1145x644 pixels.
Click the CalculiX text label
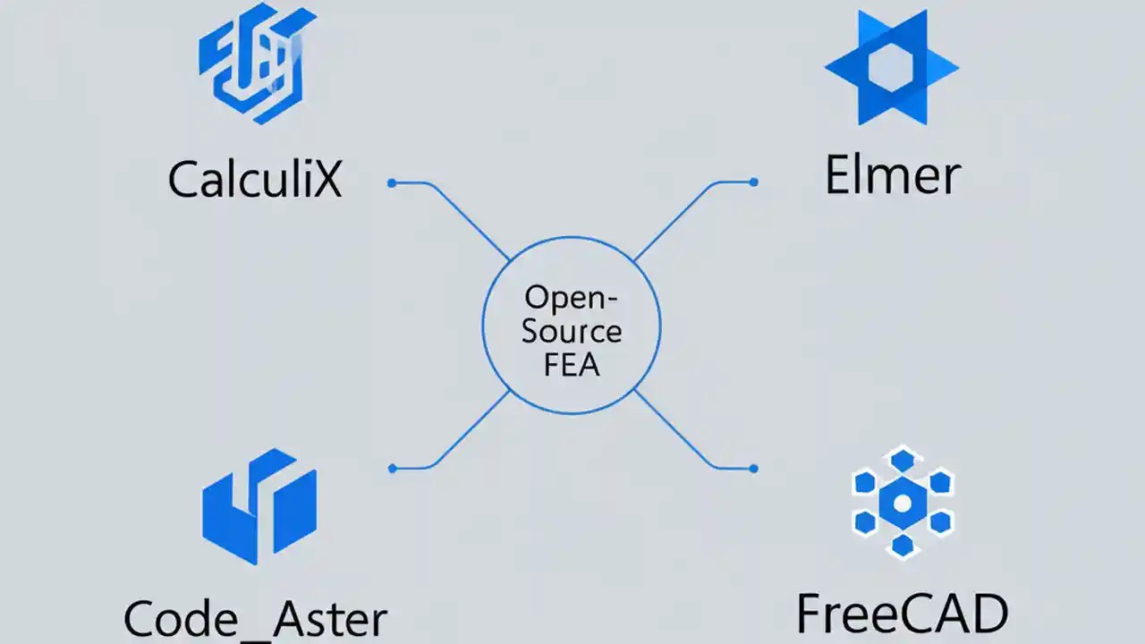[255, 180]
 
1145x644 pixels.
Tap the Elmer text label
[892, 175]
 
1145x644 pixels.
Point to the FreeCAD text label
[903, 614]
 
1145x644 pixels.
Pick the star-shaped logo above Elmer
[891, 68]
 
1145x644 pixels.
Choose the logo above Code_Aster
[259, 506]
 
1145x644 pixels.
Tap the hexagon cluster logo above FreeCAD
[903, 503]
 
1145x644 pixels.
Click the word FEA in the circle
[572, 365]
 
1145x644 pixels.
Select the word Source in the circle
[572, 331]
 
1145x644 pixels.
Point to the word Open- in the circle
[572, 297]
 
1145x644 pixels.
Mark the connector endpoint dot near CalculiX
[392, 182]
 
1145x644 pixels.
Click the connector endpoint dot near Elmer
[754, 182]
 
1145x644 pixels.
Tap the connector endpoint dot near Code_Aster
[392, 468]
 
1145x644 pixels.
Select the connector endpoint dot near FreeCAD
[754, 468]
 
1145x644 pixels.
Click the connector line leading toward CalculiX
[465, 215]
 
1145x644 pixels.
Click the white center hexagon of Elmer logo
[891, 68]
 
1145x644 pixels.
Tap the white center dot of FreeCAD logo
[903, 504]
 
